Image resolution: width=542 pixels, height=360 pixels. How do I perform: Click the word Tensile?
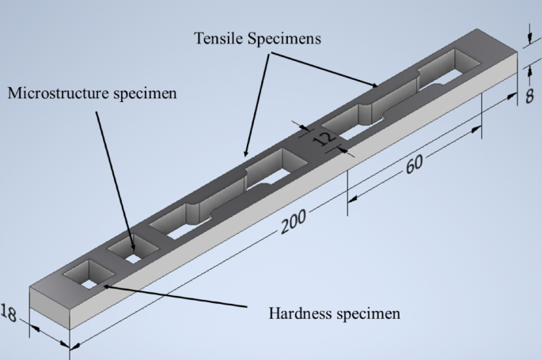(x=218, y=40)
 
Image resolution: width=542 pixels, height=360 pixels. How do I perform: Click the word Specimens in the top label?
(x=286, y=40)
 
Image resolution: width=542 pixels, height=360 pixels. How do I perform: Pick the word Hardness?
(x=296, y=311)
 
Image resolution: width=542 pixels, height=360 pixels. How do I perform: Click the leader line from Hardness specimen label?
(x=174, y=297)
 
